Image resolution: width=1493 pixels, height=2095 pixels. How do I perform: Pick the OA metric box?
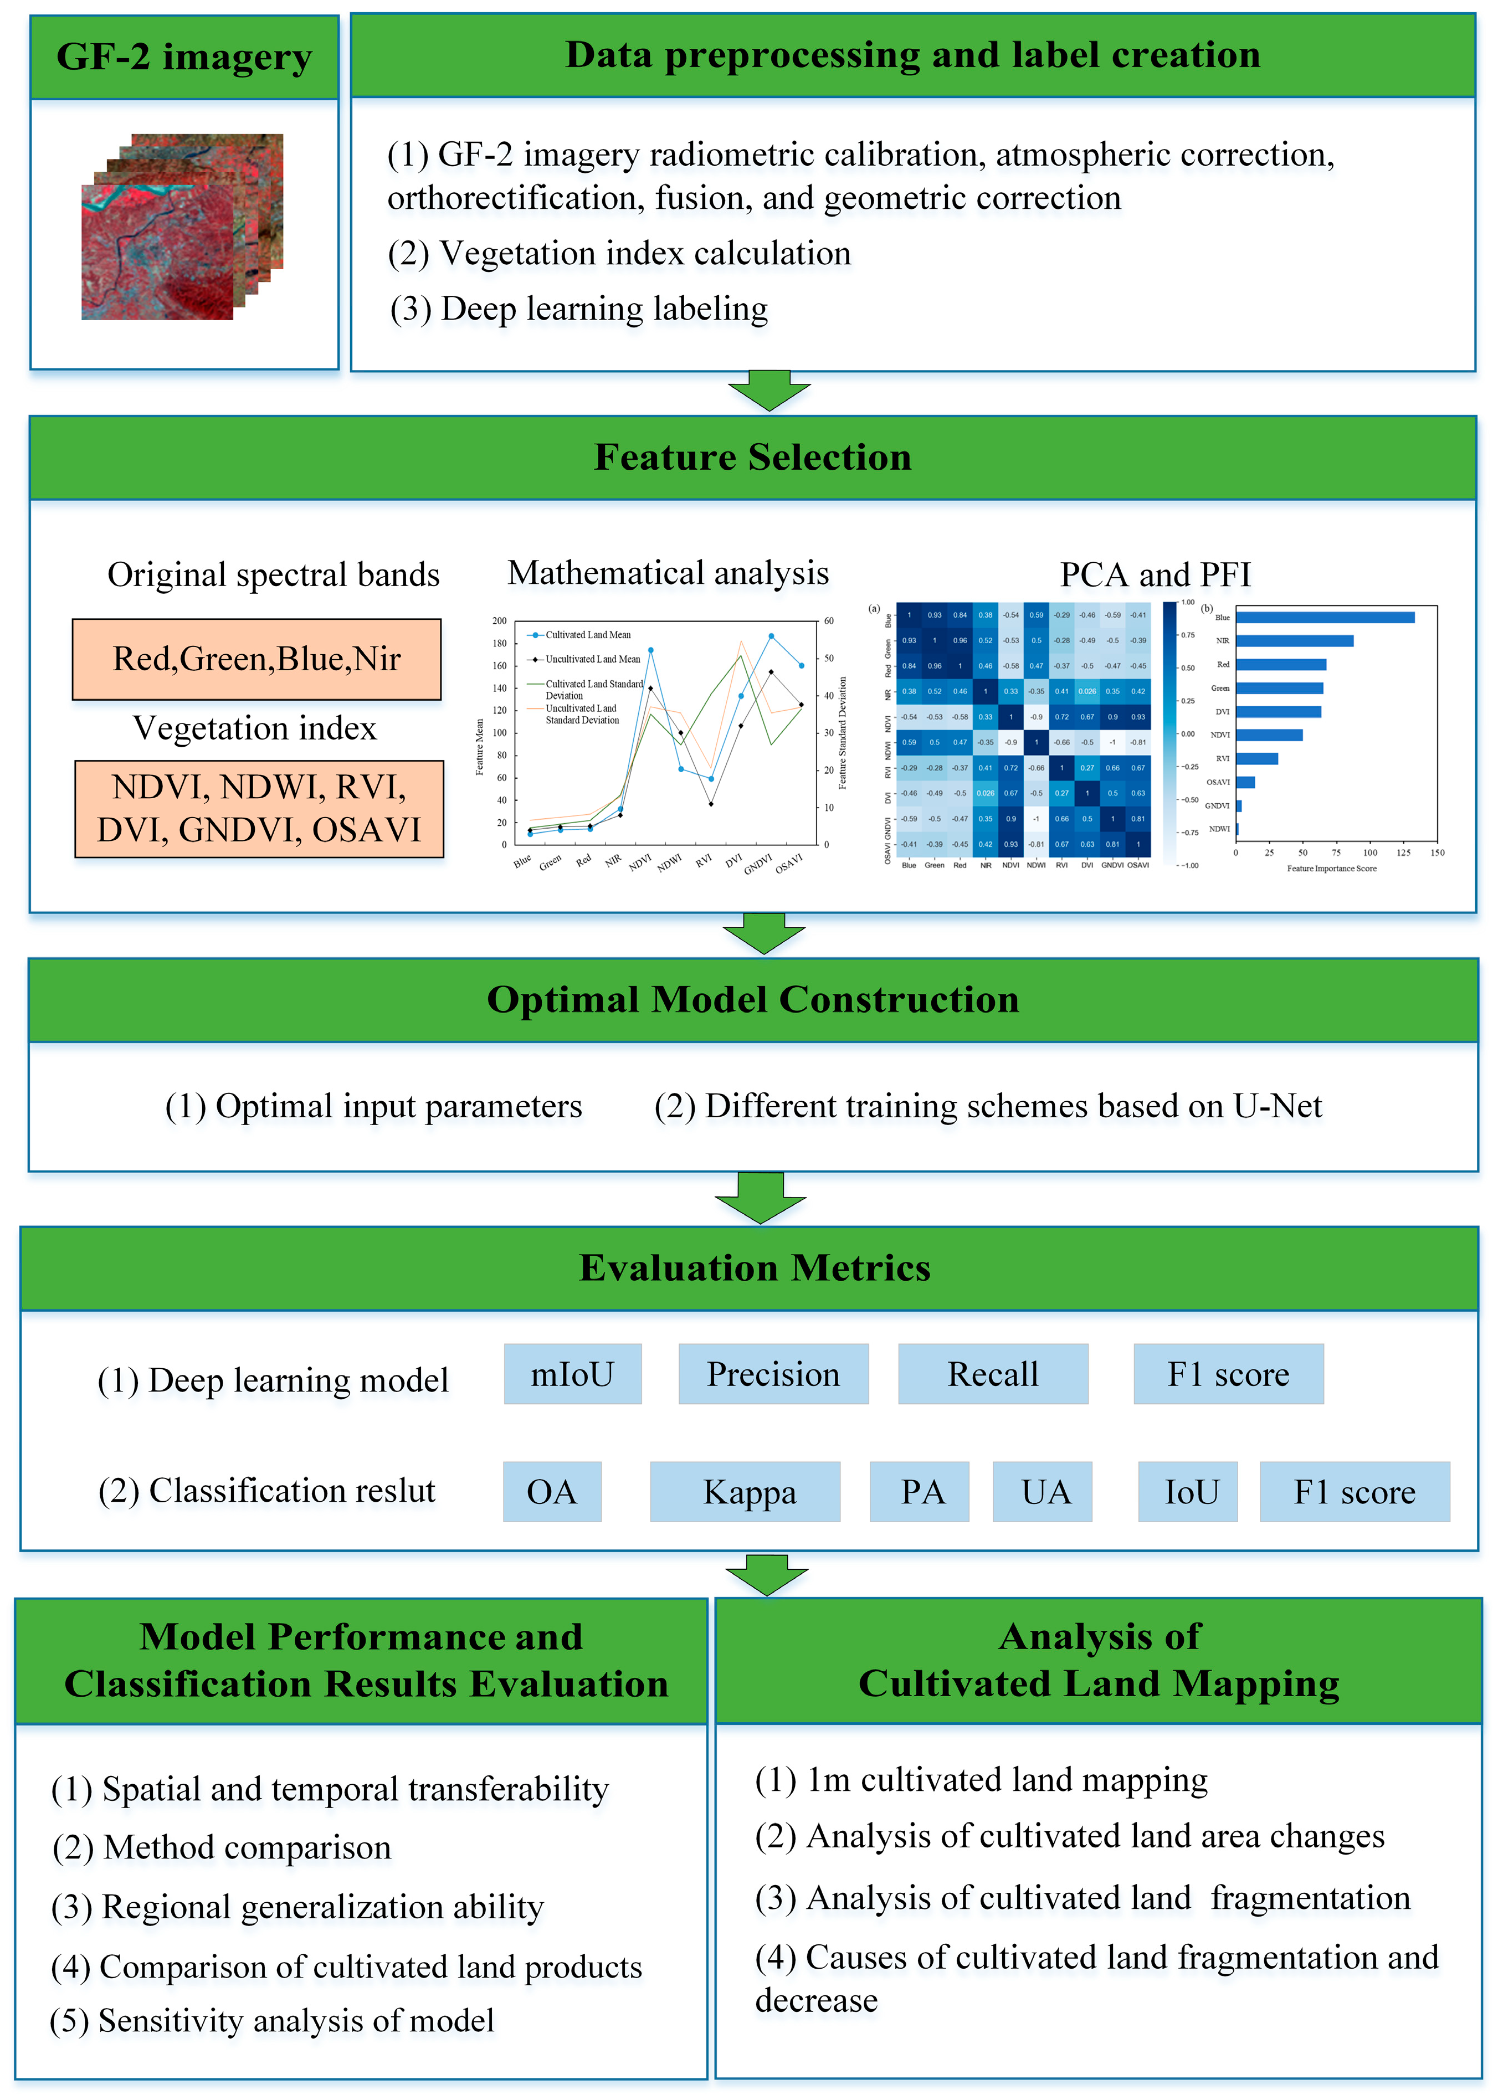tap(552, 1491)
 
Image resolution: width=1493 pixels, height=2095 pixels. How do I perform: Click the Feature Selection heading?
tap(752, 457)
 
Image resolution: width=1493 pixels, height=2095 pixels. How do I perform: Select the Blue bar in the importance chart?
tap(1324, 617)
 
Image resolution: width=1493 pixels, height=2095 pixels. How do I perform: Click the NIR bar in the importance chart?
tap(1294, 641)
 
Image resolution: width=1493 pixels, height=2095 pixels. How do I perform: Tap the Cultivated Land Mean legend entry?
tap(587, 634)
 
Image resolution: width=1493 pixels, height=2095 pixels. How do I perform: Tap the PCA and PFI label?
tap(1155, 574)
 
